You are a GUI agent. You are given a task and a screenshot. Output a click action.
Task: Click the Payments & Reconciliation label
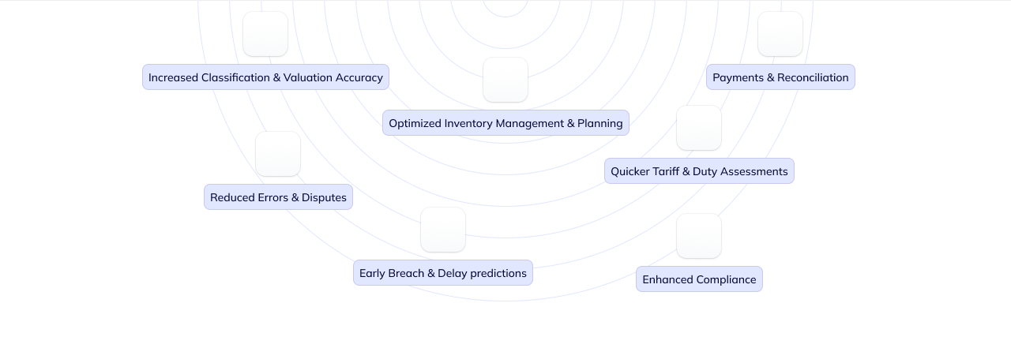click(x=780, y=77)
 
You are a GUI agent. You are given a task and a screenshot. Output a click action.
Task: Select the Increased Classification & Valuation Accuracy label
click(x=265, y=77)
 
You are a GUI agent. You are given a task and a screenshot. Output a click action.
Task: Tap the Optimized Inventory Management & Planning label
click(x=505, y=123)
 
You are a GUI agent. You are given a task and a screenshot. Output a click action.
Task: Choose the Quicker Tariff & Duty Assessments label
click(x=699, y=171)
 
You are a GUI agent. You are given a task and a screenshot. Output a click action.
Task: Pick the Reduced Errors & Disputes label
click(x=278, y=197)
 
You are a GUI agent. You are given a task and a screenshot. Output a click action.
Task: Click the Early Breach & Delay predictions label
click(x=442, y=273)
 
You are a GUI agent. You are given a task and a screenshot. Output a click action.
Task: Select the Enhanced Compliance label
click(x=699, y=279)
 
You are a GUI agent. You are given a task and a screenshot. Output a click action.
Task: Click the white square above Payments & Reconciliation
click(x=780, y=34)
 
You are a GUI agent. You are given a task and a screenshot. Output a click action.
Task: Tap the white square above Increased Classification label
click(x=265, y=34)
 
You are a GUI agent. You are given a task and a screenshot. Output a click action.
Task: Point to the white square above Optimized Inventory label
click(x=505, y=80)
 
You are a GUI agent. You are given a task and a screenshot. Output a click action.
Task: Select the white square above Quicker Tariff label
click(x=699, y=128)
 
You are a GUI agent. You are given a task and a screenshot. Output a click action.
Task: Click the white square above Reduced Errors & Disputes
click(x=278, y=154)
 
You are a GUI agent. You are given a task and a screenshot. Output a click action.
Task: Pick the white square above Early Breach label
click(x=443, y=230)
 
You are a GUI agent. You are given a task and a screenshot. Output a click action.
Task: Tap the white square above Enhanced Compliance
click(x=699, y=236)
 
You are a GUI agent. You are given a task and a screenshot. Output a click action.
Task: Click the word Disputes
click(x=324, y=197)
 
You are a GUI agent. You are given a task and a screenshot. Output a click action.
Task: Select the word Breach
click(x=406, y=273)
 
